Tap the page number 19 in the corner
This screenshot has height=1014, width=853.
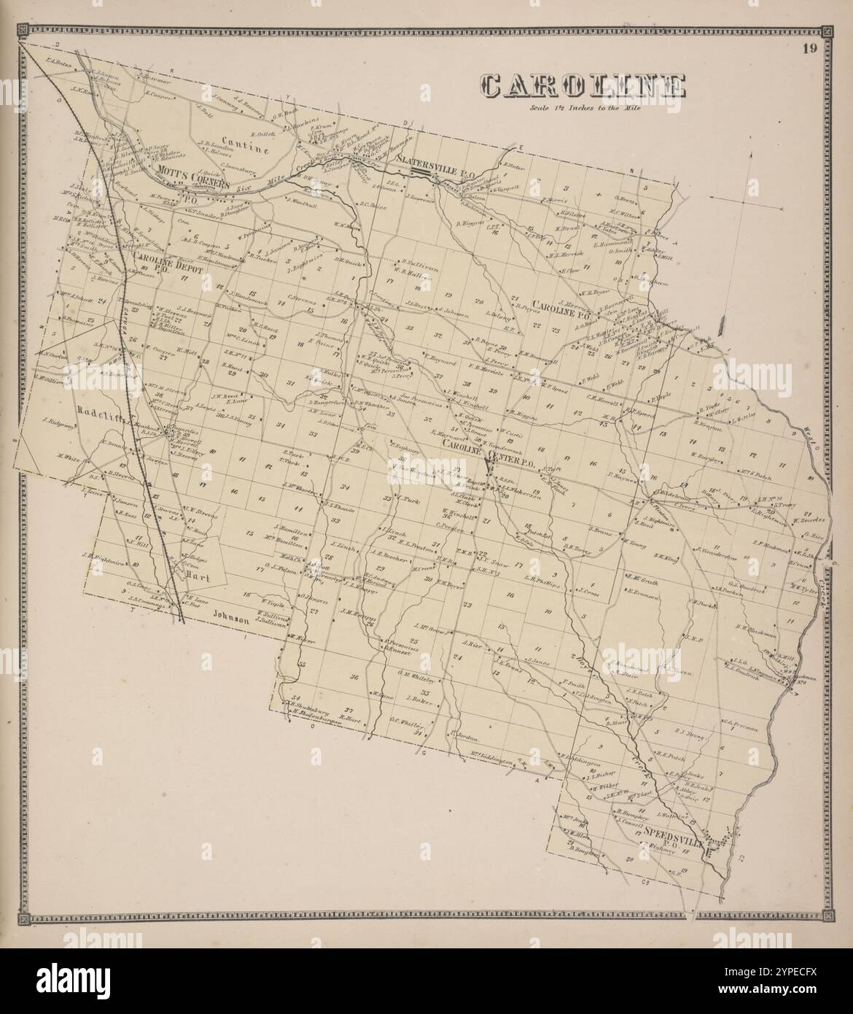coord(807,50)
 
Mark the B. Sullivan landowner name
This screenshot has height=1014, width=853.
coord(419,261)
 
